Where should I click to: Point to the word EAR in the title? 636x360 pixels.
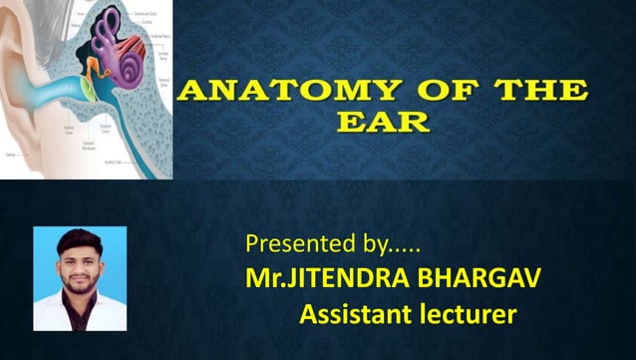coord(383,123)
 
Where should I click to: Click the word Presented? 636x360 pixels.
coord(298,243)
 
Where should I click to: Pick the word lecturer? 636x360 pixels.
coord(468,316)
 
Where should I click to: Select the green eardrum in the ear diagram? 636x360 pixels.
coord(88,90)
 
